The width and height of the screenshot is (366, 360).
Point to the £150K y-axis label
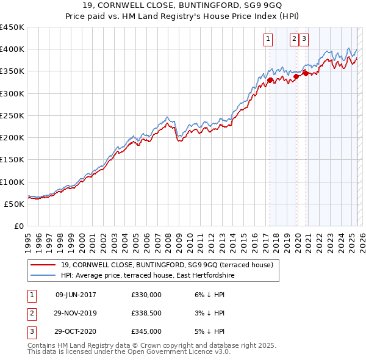[x=12, y=160]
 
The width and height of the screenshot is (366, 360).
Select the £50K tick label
[x=14, y=204]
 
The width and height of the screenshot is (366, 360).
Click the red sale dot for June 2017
[x=270, y=79]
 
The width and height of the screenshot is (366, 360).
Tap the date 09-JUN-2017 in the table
[x=76, y=295]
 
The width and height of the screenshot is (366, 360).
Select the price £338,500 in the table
[x=146, y=313]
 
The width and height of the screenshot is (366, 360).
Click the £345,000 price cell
[x=146, y=332]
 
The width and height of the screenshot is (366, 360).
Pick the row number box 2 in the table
[x=31, y=314]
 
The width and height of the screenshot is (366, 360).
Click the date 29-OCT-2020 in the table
[x=76, y=332]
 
